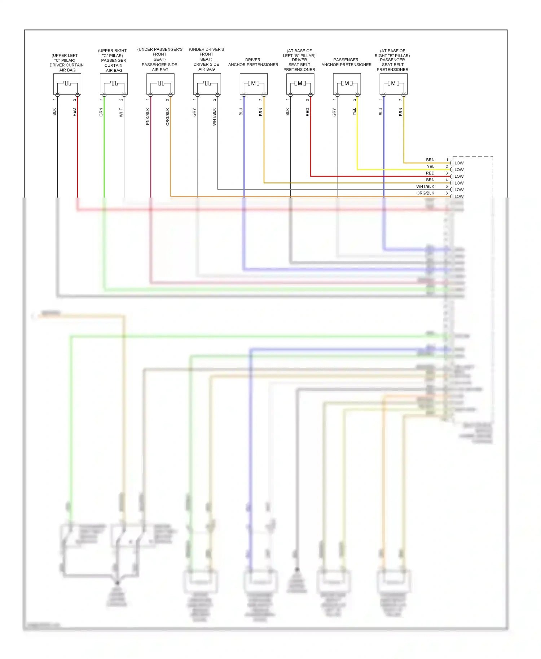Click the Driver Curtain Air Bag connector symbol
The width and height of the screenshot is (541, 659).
click(x=67, y=84)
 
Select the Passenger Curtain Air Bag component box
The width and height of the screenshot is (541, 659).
click(x=114, y=84)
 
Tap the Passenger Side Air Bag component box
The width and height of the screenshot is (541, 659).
click(x=160, y=84)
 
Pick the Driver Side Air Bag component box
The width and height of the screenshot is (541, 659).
click(x=207, y=84)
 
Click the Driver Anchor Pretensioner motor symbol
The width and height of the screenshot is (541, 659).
click(x=254, y=84)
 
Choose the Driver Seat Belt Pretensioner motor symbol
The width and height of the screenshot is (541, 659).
click(x=300, y=84)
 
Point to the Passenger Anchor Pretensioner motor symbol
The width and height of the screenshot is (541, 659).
click(x=347, y=84)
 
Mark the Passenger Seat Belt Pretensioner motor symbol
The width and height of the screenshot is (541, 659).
click(x=393, y=84)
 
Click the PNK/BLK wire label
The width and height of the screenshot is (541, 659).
click(x=148, y=116)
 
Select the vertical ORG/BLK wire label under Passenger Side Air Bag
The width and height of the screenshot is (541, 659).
click(x=168, y=116)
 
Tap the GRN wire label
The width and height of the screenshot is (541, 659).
click(x=101, y=112)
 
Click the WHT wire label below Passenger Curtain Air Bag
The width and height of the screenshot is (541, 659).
click(x=121, y=112)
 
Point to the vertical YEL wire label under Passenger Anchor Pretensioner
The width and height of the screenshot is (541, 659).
click(x=354, y=112)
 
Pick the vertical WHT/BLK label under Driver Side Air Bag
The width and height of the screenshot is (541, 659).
click(x=214, y=116)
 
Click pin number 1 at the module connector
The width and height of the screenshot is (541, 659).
click(x=447, y=160)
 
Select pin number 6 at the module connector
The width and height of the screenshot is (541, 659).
click(x=447, y=193)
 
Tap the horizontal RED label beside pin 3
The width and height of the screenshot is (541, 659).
click(x=430, y=173)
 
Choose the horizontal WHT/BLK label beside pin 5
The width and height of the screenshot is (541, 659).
click(x=425, y=186)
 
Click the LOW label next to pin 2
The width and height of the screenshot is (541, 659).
click(x=459, y=170)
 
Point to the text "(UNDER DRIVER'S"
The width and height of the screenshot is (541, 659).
click(x=207, y=49)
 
